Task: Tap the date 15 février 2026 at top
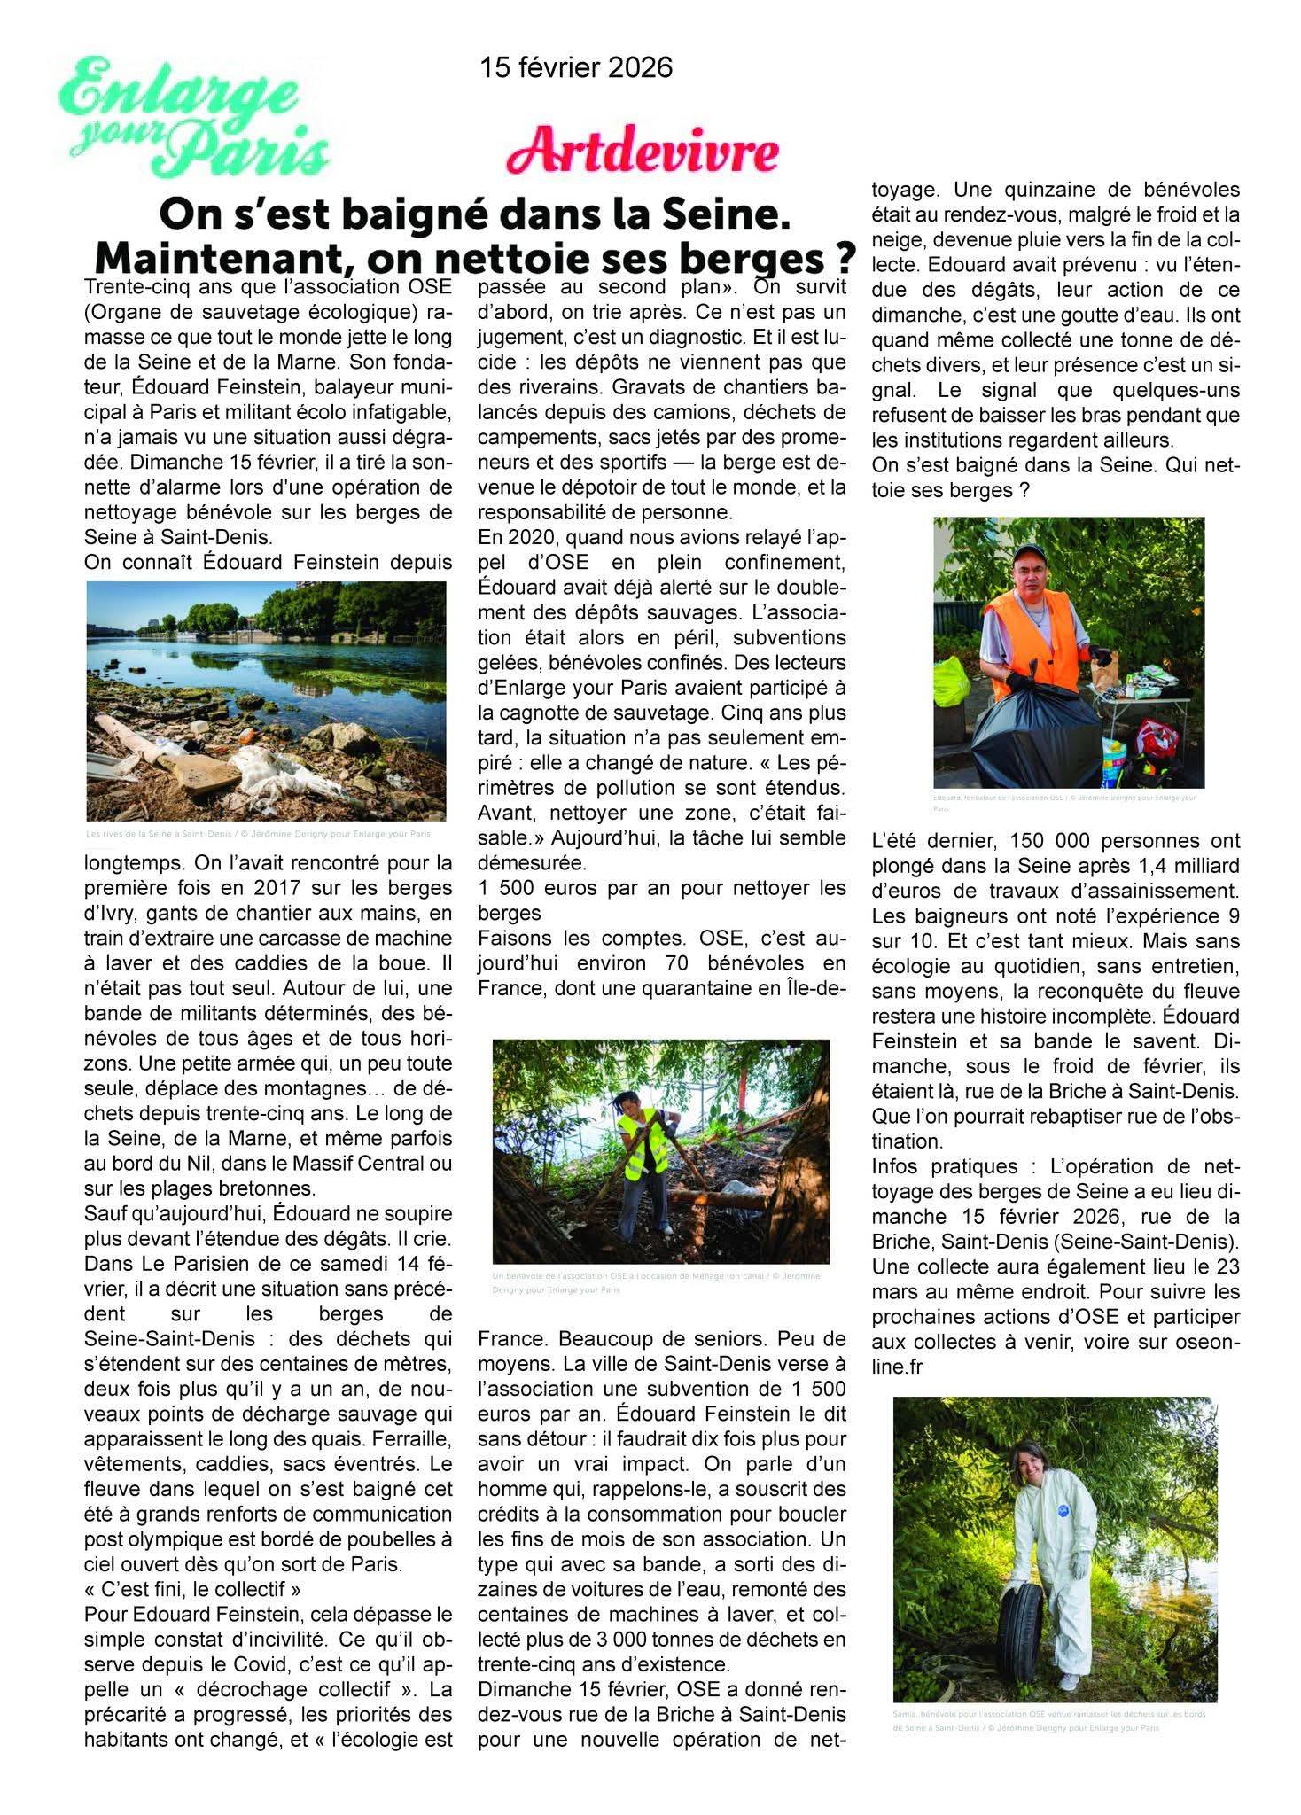(576, 67)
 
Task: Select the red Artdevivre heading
(643, 153)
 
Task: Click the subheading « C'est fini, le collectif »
(167, 1587)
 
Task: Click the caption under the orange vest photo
(1063, 803)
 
